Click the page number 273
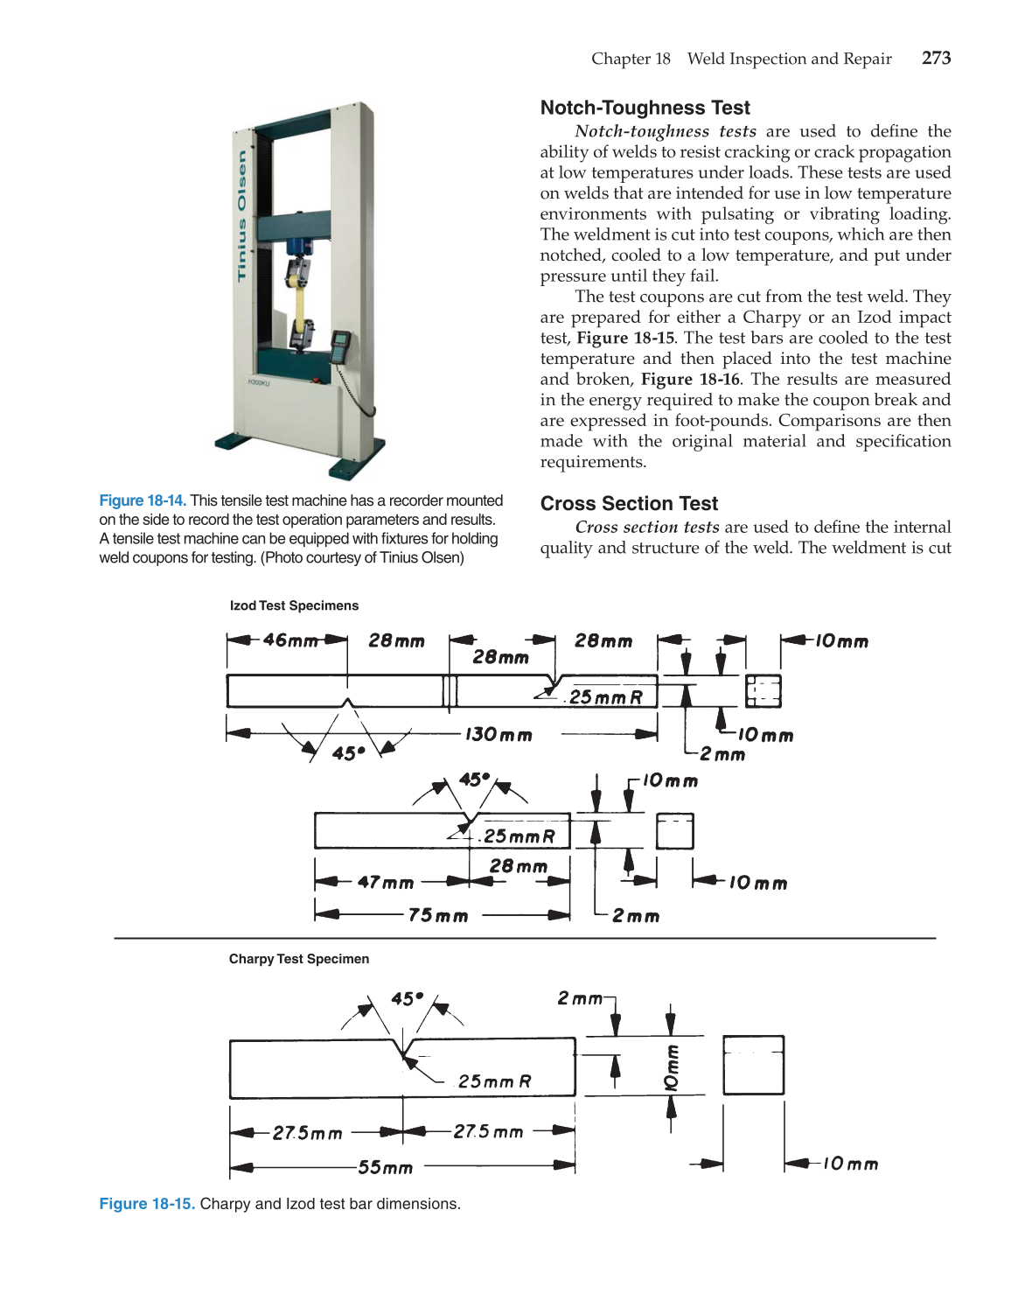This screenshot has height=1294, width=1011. (936, 59)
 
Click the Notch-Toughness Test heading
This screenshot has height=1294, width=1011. (645, 108)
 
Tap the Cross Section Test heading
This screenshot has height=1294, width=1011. (629, 504)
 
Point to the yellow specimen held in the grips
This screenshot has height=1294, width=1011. (300, 306)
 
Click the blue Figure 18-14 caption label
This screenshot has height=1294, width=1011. (142, 500)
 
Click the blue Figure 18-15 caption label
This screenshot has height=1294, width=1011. (146, 1204)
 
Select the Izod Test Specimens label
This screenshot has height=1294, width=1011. (294, 605)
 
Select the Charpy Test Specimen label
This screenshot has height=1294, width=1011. (298, 959)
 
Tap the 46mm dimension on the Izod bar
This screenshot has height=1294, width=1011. (290, 640)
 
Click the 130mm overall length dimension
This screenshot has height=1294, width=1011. (499, 735)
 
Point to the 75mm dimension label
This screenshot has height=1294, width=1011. (438, 915)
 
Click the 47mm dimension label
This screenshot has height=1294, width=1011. (385, 882)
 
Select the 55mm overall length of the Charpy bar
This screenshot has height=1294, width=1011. (385, 1167)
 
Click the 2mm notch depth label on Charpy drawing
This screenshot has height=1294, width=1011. (580, 998)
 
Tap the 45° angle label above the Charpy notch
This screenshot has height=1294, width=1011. (407, 998)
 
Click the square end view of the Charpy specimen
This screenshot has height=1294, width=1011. (753, 1065)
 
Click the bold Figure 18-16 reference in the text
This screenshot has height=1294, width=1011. (690, 380)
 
